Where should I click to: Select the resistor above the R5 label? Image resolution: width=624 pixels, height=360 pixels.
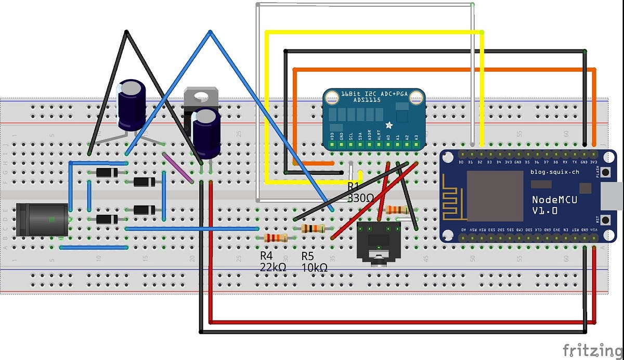pyautogui.click(x=313, y=228)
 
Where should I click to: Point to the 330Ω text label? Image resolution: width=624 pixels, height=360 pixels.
pyautogui.click(x=360, y=198)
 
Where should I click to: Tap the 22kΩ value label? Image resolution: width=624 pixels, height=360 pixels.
pyautogui.click(x=274, y=266)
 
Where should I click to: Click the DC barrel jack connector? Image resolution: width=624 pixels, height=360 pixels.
pyautogui.click(x=42, y=219)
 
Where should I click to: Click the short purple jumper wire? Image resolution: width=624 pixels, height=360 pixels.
pyautogui.click(x=178, y=168)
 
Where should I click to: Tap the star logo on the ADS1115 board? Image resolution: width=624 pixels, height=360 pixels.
pyautogui.click(x=389, y=125)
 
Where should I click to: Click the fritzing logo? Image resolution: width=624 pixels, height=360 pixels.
pyautogui.click(x=592, y=348)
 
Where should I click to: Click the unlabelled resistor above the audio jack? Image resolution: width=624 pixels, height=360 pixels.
pyautogui.click(x=397, y=209)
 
